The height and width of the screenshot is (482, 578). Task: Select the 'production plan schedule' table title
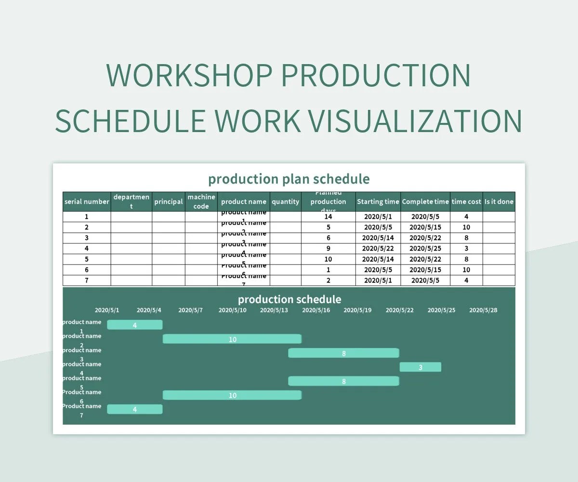289,179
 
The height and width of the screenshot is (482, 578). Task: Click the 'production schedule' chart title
289,299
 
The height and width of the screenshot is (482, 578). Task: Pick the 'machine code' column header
201,201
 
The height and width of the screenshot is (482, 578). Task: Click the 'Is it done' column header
499,201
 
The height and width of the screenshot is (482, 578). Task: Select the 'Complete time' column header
425,201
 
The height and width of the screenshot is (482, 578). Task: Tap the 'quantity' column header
285,201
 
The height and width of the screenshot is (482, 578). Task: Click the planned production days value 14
328,217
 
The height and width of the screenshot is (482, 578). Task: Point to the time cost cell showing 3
466,249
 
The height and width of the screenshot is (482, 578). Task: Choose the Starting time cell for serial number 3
378,238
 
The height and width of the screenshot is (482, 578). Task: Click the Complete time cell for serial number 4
425,249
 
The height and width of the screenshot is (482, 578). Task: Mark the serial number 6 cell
87,270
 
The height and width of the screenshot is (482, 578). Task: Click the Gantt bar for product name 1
134,325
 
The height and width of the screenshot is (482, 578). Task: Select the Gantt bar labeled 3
420,367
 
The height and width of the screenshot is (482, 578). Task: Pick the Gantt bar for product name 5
343,381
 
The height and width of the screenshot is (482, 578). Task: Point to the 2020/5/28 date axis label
483,310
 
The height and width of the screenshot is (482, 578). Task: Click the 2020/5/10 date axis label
232,310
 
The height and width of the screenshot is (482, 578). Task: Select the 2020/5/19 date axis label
357,310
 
